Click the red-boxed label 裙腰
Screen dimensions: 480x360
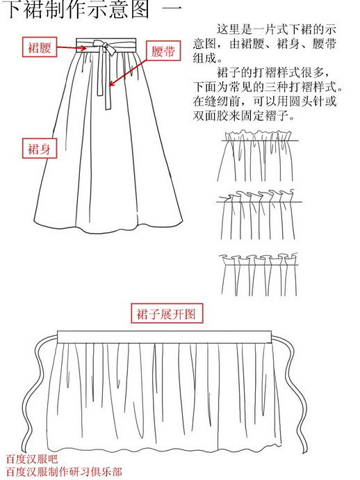click(x=39, y=47)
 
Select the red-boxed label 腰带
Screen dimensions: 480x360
click(x=163, y=53)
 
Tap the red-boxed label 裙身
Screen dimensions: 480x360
click(x=39, y=148)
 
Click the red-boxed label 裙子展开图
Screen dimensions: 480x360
click(x=167, y=314)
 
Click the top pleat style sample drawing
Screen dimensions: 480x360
click(x=260, y=157)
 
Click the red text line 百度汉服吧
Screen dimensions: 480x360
click(x=32, y=459)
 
